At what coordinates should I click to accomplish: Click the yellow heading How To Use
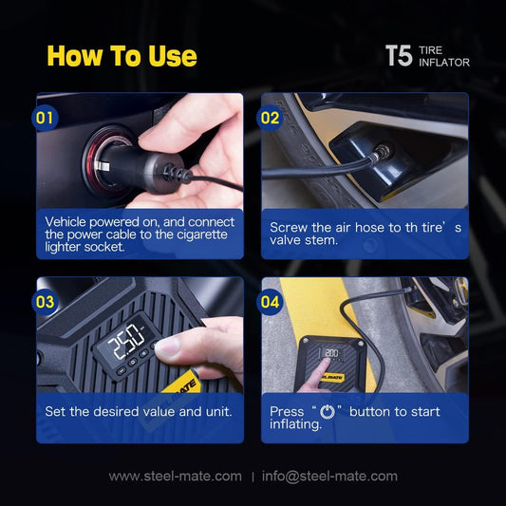coord(122,56)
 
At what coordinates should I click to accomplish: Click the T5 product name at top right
coord(398,55)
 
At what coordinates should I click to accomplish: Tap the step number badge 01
coord(45,118)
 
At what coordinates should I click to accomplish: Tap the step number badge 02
coord(270,118)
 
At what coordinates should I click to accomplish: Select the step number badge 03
coord(45,302)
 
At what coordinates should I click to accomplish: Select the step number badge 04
coord(270,302)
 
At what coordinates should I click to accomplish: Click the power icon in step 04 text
coord(328,412)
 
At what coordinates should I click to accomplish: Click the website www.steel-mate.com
coord(175,476)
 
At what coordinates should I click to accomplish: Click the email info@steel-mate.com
coord(329,476)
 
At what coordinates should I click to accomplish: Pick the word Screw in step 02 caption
coord(288,228)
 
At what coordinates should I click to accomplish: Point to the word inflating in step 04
coord(294,424)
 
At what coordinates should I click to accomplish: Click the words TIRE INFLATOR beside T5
coord(443,56)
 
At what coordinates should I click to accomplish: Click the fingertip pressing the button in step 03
coord(166,348)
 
